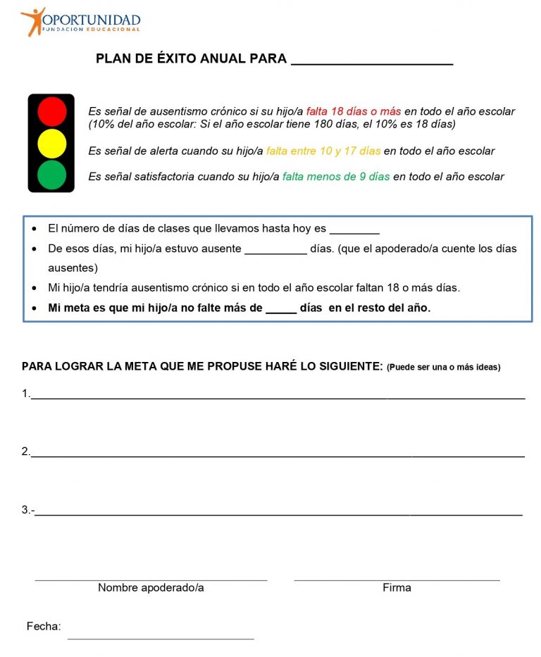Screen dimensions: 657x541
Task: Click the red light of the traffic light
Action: tap(51, 111)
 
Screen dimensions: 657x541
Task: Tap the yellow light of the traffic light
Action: tap(51, 143)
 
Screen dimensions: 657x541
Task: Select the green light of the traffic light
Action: tap(51, 175)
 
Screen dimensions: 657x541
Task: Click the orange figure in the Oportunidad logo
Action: tap(32, 21)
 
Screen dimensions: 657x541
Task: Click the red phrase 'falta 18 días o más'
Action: tap(353, 111)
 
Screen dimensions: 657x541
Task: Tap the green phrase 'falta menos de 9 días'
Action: tap(335, 177)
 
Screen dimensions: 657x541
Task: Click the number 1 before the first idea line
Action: tap(25, 394)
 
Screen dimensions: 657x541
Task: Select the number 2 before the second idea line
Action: tap(25, 452)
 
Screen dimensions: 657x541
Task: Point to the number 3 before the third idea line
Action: tap(25, 510)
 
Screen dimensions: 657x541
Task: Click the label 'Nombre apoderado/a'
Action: tap(151, 587)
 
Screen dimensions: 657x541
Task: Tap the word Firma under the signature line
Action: tap(397, 587)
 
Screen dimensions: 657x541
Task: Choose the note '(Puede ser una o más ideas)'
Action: tap(443, 367)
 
